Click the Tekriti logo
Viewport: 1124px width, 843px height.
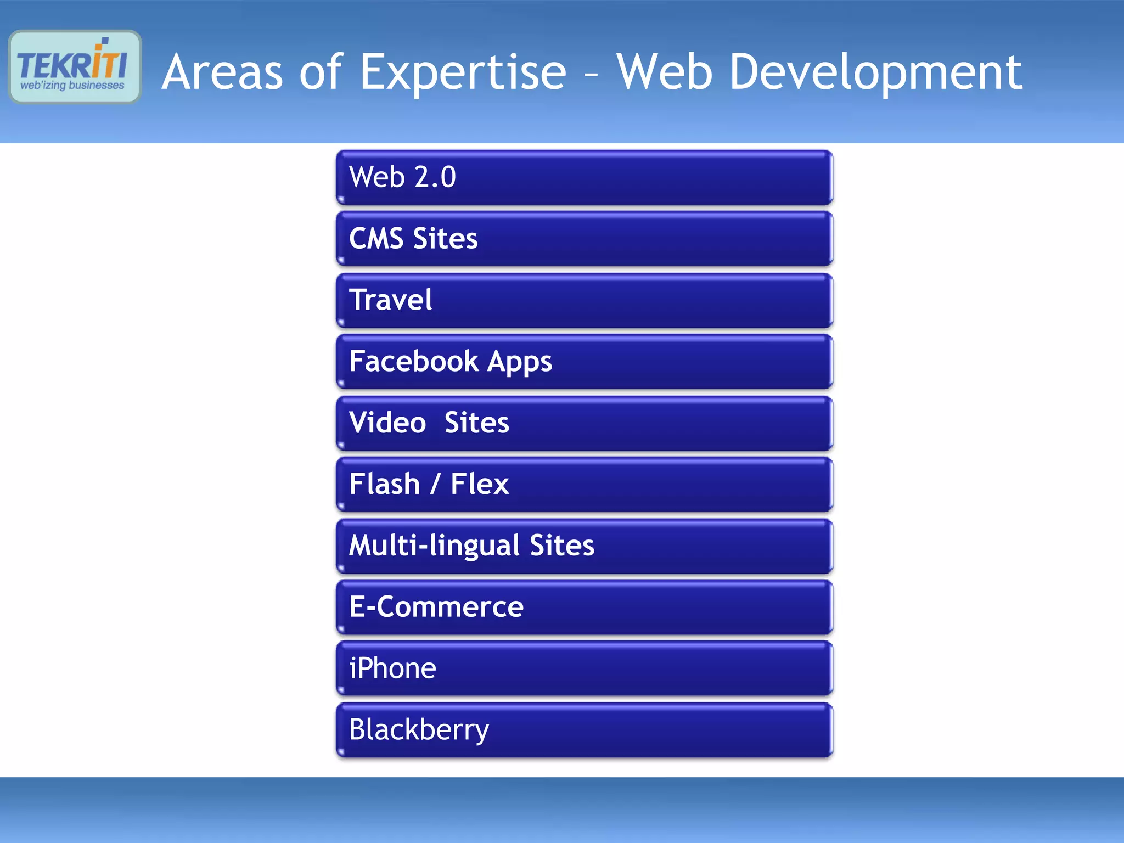tap(75, 66)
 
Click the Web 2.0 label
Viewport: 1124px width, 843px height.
tap(402, 177)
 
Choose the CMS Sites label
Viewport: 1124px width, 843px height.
tap(413, 239)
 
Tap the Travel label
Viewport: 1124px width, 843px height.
tap(391, 300)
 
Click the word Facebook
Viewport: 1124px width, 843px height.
tap(414, 361)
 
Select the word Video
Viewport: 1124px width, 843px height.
tap(387, 423)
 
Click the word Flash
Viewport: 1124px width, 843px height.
tap(384, 484)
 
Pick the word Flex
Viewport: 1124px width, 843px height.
tap(480, 484)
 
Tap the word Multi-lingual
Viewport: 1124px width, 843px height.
tap(434, 546)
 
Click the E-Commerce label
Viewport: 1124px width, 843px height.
tap(436, 607)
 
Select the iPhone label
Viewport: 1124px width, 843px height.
tap(392, 668)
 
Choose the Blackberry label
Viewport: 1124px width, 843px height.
tap(419, 730)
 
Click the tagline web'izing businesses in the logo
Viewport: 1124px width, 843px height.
tap(72, 86)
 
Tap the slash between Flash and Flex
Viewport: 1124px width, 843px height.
tap(435, 484)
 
